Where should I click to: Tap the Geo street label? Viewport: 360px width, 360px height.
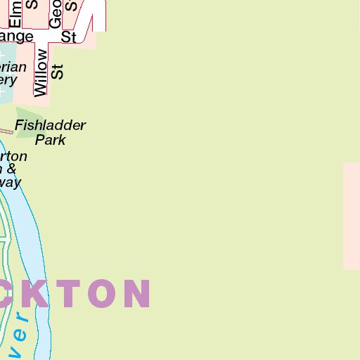pyautogui.click(x=56, y=13)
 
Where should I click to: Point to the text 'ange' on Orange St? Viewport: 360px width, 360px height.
pyautogui.click(x=17, y=37)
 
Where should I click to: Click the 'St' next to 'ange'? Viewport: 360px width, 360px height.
pyautogui.click(x=68, y=37)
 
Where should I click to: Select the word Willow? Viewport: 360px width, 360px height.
pyautogui.click(x=41, y=72)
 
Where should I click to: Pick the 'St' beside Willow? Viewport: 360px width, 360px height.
pyautogui.click(x=58, y=71)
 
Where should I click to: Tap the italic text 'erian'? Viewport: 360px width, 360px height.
pyautogui.click(x=13, y=67)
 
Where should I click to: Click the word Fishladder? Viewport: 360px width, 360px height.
pyautogui.click(x=51, y=126)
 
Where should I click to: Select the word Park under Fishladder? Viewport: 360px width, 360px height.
pyautogui.click(x=50, y=139)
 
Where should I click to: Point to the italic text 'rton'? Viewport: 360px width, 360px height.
pyautogui.click(x=13, y=156)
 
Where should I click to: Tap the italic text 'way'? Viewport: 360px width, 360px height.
pyautogui.click(x=10, y=182)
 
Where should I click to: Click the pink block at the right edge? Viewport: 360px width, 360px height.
pyautogui.click(x=352, y=216)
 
